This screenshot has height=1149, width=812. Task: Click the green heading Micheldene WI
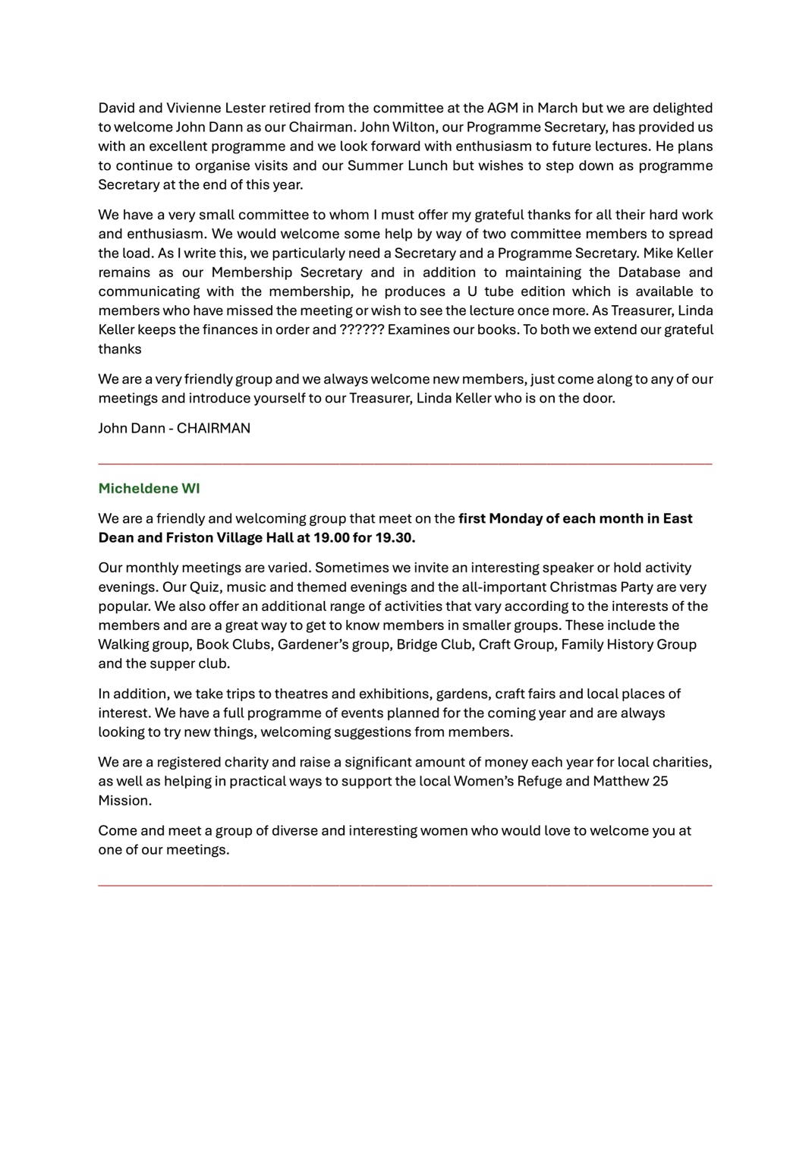point(149,489)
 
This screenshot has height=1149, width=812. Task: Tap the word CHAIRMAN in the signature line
point(213,428)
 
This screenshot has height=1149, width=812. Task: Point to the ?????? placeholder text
point(362,330)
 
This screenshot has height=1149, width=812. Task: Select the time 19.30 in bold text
point(395,538)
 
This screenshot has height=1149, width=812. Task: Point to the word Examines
point(415,330)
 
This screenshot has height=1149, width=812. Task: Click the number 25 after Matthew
point(660,781)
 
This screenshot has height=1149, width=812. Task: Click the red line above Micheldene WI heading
point(405,462)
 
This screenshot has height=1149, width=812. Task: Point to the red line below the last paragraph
point(405,884)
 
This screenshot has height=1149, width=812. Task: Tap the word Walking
point(123,644)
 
